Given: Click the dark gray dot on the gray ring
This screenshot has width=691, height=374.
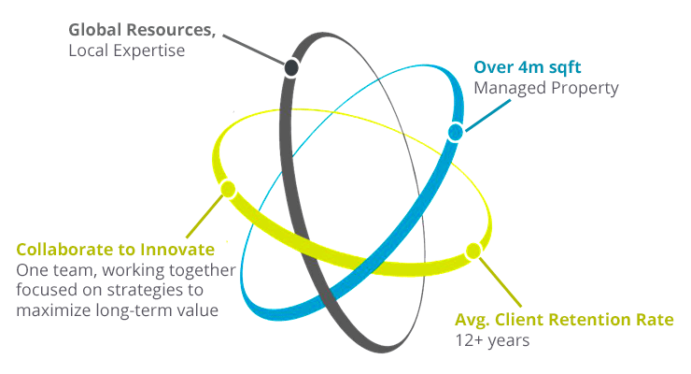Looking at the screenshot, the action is point(291,68).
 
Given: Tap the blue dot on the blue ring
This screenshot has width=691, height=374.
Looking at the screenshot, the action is point(456,132).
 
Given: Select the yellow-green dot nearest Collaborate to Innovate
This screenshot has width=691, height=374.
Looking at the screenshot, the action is point(228,189).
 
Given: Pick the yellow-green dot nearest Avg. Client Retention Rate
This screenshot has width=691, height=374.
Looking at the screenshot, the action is point(473,251).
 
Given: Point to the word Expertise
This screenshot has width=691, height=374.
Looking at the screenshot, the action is point(150,50).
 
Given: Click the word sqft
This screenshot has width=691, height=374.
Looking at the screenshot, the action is point(564,68).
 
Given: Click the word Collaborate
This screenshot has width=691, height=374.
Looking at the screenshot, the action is point(65,250).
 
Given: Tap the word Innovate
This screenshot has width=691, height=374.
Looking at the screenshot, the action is point(177,250).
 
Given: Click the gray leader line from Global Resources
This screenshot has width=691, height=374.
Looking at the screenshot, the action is point(253,50).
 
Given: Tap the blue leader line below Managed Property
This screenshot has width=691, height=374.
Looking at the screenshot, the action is point(488,116).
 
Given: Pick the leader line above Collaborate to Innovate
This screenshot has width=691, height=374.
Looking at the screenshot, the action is point(205,216).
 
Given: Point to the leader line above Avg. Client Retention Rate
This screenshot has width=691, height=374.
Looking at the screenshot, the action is point(501,282).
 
